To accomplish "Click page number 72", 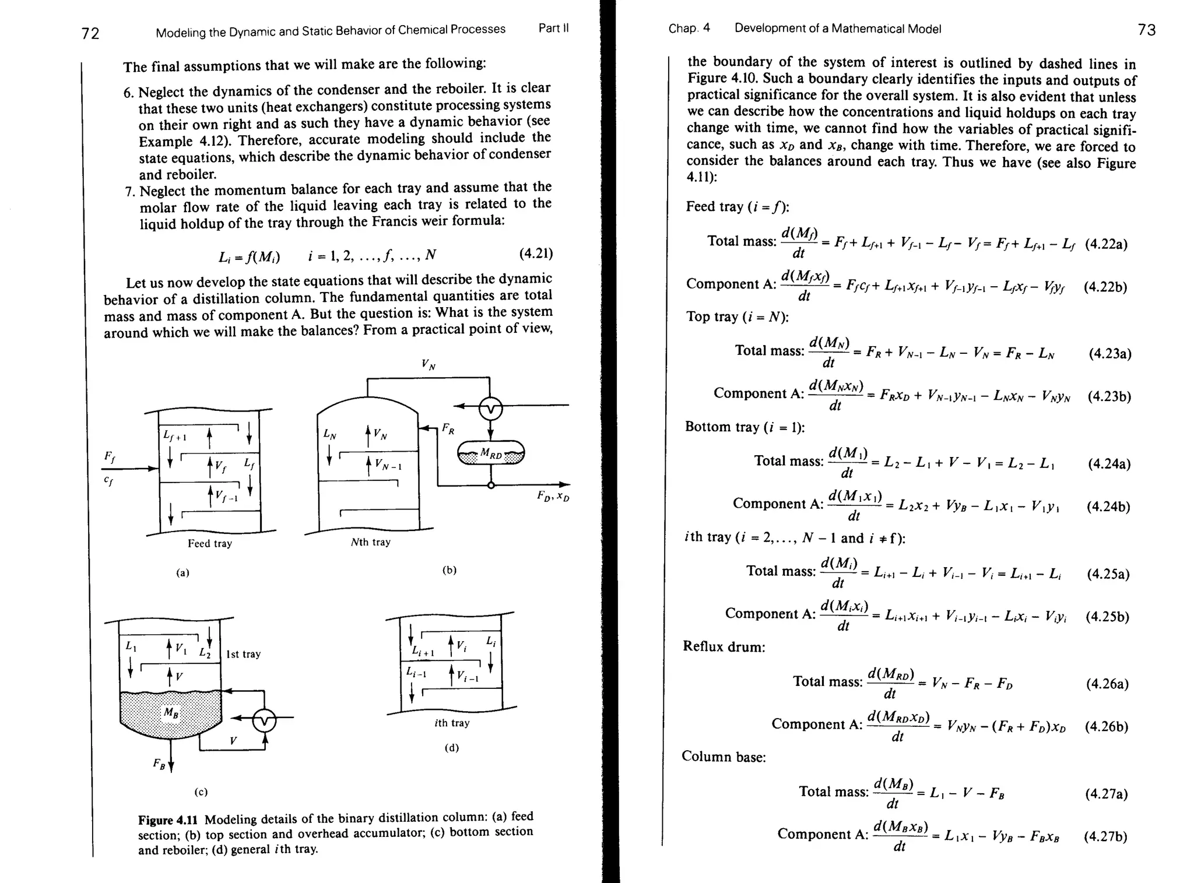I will (90, 33).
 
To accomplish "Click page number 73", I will (1146, 30).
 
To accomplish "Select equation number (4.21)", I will (535, 254).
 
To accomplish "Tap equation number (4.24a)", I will (1109, 464).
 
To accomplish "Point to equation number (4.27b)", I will (1105, 837).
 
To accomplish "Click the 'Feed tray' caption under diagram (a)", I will (210, 543).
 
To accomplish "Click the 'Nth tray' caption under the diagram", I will (371, 542).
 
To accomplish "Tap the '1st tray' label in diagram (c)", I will (243, 654).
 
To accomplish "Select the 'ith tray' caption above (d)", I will (452, 723).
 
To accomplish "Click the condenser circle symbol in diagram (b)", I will (490, 410).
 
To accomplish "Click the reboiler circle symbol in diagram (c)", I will (264, 721).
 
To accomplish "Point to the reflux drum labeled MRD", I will (491, 453).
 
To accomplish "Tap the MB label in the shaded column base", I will (171, 712).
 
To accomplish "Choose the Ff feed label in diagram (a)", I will (109, 458).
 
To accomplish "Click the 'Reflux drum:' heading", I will (724, 646).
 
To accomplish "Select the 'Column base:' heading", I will (724, 757).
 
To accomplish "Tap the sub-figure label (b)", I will (449, 570).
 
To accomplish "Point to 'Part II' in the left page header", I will (553, 28).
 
